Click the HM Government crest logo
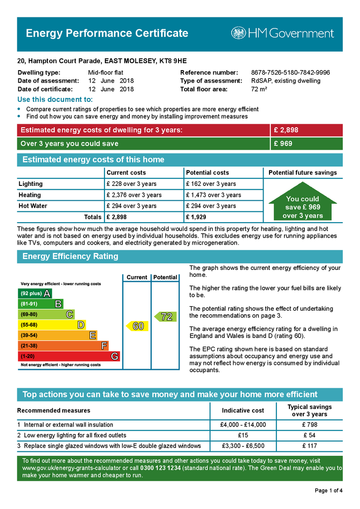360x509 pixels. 238,33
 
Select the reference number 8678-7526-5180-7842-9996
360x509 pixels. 290,73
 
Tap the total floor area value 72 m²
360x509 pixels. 259,89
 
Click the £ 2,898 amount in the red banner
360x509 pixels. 286,130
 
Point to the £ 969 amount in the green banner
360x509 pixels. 283,144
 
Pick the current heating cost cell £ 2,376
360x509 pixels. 134,195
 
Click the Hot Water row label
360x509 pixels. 33,206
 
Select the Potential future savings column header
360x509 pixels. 302,173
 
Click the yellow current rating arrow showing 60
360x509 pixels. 137,326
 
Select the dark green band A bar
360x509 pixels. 35,293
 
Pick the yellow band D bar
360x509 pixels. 52,325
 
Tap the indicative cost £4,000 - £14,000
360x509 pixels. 243,425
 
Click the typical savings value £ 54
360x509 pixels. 309,435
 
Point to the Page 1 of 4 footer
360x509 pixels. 329,491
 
